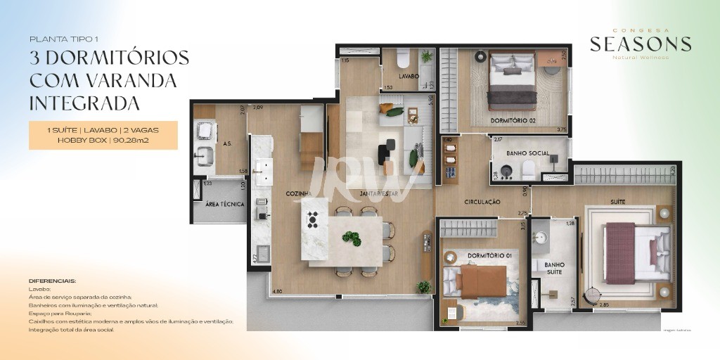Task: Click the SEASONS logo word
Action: [641, 44]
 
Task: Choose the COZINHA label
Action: [298, 193]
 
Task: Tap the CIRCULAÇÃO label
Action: [482, 202]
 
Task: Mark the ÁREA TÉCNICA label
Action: [224, 205]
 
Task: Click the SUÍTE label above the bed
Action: [618, 202]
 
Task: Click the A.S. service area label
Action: [227, 143]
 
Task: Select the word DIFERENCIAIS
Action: [52, 281]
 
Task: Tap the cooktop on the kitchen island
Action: [314, 219]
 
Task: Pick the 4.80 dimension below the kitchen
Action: [277, 291]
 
